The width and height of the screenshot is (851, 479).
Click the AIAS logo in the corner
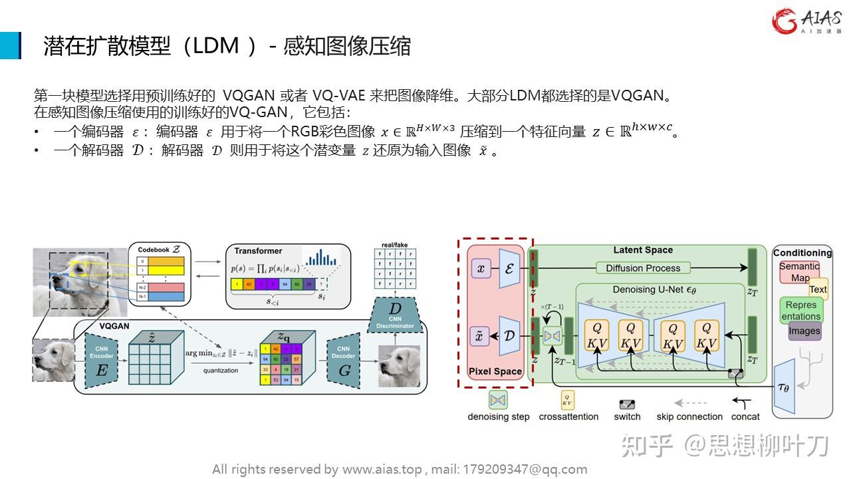click(x=806, y=21)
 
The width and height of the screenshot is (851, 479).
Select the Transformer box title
click(x=258, y=251)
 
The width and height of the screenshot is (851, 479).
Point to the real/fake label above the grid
click(x=394, y=245)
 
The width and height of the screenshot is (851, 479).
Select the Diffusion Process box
click(x=643, y=268)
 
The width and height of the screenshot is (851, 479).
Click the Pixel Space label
click(x=495, y=371)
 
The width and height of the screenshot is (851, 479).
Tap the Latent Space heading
click(x=642, y=250)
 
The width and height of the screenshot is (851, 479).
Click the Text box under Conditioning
click(x=818, y=289)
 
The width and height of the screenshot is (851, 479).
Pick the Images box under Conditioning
click(x=804, y=331)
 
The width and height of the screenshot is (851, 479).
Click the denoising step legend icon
click(x=498, y=400)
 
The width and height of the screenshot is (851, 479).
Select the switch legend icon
click(x=627, y=404)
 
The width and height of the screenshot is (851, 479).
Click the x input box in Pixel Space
click(x=480, y=269)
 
